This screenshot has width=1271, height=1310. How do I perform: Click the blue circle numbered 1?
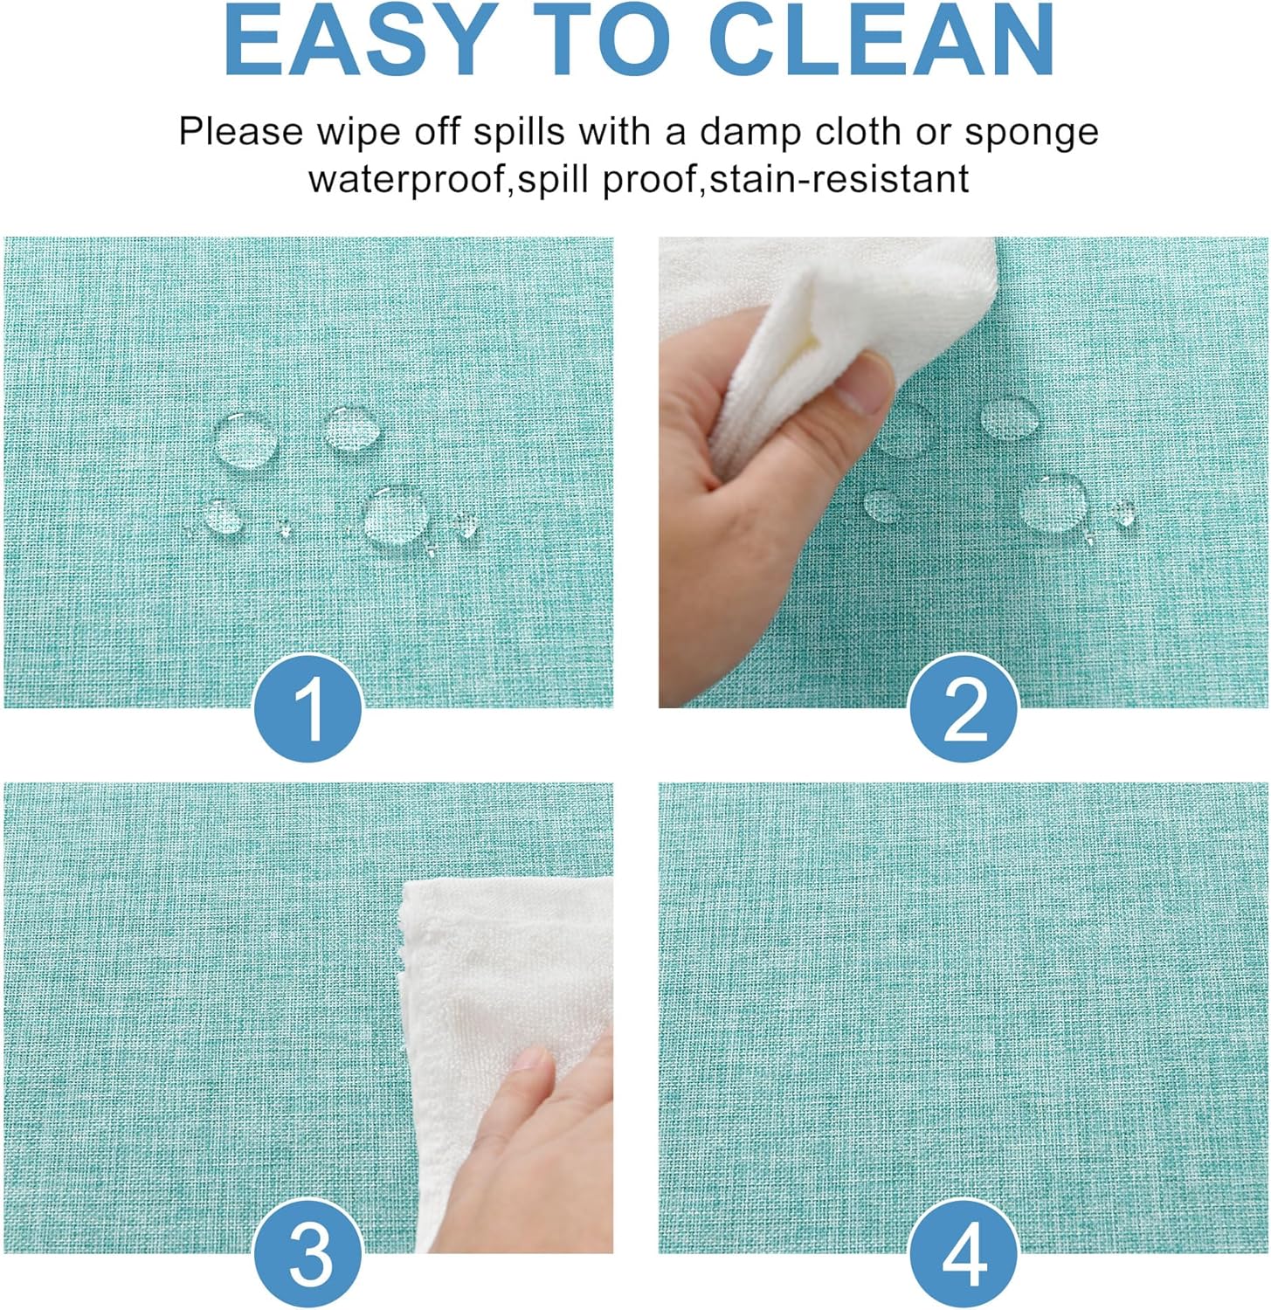click(308, 710)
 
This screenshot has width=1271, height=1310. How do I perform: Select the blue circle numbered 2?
click(964, 710)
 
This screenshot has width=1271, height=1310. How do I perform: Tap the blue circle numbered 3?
click(308, 1255)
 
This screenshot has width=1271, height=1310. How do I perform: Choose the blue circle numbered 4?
click(964, 1255)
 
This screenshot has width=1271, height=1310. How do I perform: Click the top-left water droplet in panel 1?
click(245, 440)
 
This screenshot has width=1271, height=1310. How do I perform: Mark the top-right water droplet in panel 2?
click(1010, 417)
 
